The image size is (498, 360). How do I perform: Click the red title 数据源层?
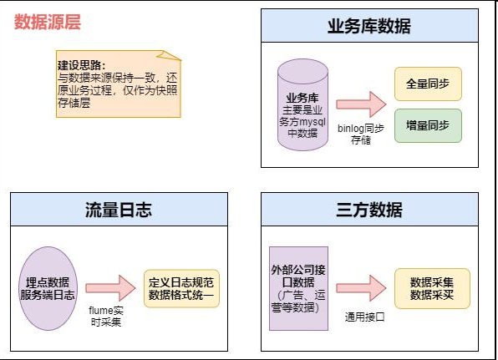[x=48, y=22]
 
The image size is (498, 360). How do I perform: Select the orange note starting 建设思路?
[x=119, y=84]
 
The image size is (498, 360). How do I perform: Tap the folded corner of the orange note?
[x=170, y=55]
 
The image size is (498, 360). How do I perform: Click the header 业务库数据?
[x=369, y=26]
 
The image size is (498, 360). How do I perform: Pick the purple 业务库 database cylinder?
[x=302, y=104]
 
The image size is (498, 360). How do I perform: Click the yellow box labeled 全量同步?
[x=428, y=84]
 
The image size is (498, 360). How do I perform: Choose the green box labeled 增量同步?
[x=428, y=126]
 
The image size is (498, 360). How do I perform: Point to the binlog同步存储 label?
[x=361, y=134]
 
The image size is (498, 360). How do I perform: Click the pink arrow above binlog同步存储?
[x=361, y=104]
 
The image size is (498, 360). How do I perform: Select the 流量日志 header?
[x=119, y=210]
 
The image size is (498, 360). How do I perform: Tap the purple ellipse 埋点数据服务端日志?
[x=48, y=288]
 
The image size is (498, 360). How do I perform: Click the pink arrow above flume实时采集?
[x=110, y=288]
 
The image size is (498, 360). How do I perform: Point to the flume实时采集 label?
[x=106, y=317]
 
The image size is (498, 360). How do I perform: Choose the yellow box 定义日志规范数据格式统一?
[x=181, y=288]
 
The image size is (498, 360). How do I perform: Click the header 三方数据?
[x=369, y=210]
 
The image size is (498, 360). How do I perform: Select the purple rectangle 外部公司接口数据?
[x=298, y=288]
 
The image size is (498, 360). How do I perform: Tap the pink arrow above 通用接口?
[x=361, y=288]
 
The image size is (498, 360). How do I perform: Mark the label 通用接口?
[x=364, y=317]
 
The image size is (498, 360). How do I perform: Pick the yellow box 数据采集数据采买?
[x=432, y=288]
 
